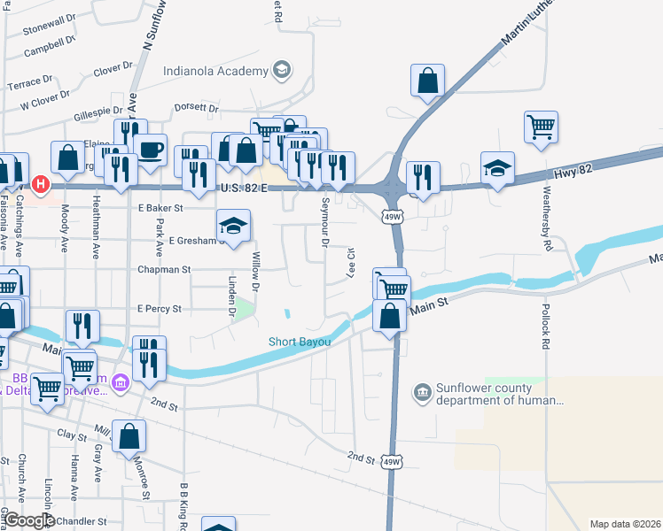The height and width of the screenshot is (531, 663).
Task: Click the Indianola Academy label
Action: (x=215, y=71)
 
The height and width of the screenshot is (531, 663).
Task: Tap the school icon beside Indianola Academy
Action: (x=281, y=70)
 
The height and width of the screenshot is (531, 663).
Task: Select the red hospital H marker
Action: (x=39, y=184)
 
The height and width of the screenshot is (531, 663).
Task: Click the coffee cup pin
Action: (x=150, y=150)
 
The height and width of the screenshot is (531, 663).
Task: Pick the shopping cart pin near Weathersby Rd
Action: (x=541, y=126)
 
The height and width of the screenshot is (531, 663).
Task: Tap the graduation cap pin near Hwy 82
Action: (x=498, y=168)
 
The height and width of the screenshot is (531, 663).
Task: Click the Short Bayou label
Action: (x=300, y=342)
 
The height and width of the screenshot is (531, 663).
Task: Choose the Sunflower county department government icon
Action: (x=422, y=391)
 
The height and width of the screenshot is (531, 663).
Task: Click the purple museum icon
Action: (x=122, y=383)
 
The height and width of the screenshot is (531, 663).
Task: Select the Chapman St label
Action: (x=163, y=269)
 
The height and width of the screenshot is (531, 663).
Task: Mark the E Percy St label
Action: (x=160, y=309)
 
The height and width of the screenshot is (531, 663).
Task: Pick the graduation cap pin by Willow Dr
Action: (x=234, y=227)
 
